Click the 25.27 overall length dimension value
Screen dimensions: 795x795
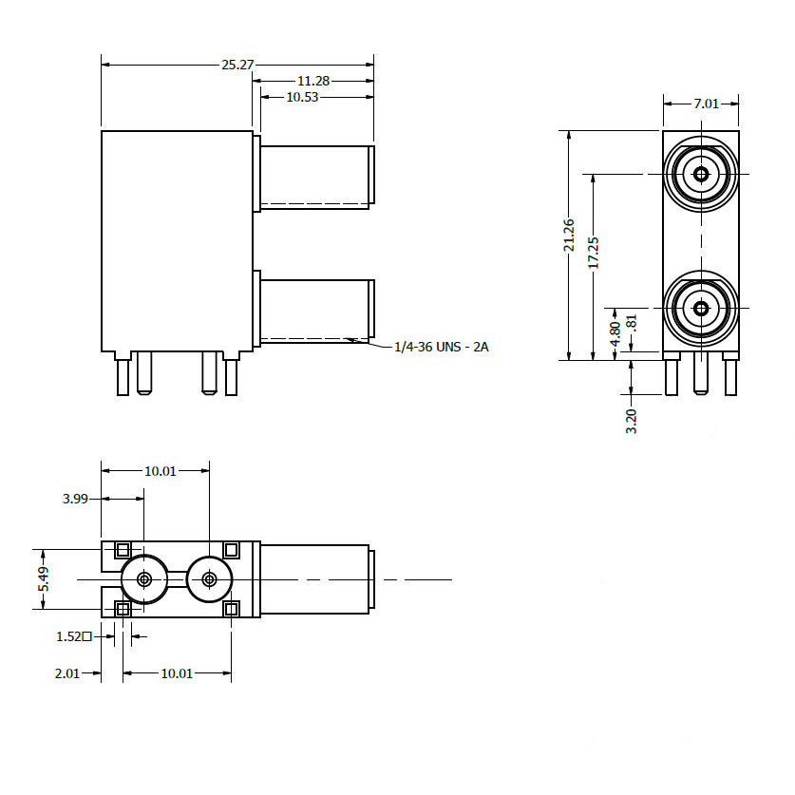click(x=237, y=65)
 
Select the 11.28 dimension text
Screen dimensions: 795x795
click(x=313, y=82)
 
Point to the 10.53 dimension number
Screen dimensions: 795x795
click(x=302, y=97)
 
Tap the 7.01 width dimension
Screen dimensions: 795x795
click(x=707, y=104)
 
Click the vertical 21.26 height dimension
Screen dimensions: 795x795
click(x=569, y=235)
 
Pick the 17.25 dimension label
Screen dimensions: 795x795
click(x=594, y=254)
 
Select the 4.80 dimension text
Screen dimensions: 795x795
click(x=615, y=333)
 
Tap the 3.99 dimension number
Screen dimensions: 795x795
click(x=75, y=498)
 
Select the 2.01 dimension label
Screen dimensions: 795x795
click(x=66, y=673)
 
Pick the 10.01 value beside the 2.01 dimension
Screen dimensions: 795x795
click(x=177, y=673)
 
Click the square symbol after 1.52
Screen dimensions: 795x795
click(x=87, y=636)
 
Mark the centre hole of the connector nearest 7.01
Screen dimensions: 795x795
click(x=701, y=174)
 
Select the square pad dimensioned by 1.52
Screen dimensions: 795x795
click(x=123, y=609)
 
